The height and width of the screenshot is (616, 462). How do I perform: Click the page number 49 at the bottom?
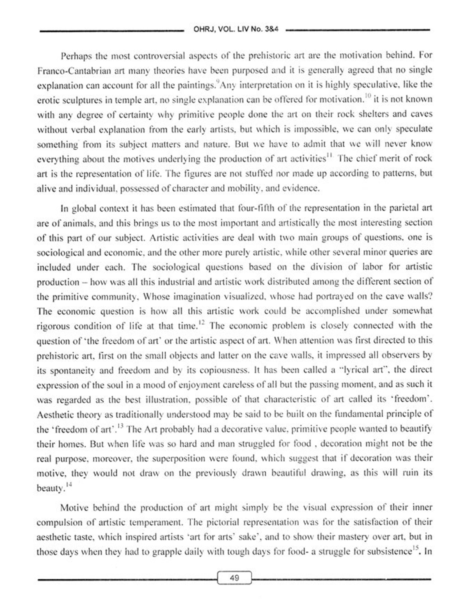point(234,577)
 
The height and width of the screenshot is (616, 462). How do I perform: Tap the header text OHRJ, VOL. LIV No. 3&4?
point(236,30)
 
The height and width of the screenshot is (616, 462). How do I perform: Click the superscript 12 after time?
point(201,322)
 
